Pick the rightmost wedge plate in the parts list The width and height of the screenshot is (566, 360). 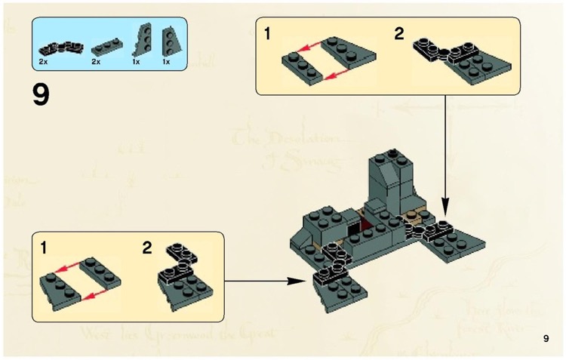(x=170, y=38)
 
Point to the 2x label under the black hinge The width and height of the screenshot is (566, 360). (x=44, y=60)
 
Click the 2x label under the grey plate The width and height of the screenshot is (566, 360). (x=95, y=60)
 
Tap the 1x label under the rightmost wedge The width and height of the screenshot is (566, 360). (x=166, y=60)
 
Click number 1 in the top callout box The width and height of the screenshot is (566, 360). (x=268, y=35)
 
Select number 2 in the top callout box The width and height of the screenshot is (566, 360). (x=399, y=35)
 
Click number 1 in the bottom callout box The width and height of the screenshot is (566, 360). (x=45, y=247)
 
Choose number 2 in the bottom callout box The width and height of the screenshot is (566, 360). (x=147, y=248)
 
